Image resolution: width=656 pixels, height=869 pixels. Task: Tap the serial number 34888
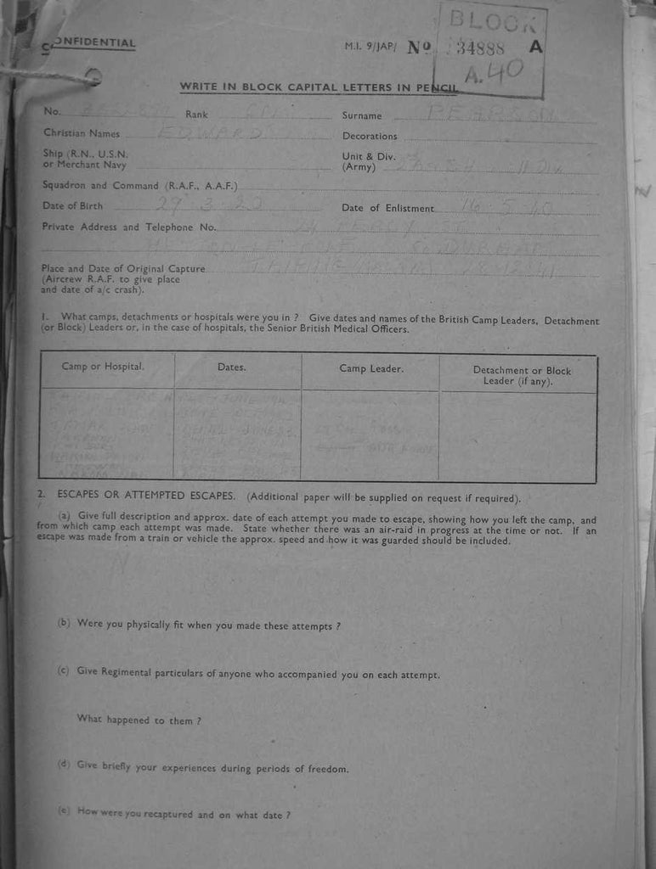pyautogui.click(x=481, y=48)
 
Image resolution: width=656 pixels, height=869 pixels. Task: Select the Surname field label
pyautogui.click(x=362, y=116)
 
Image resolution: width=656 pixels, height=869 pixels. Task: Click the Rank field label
pyautogui.click(x=196, y=115)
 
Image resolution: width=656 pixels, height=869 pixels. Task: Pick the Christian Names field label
pyautogui.click(x=82, y=133)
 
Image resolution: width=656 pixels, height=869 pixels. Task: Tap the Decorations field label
pyautogui.click(x=370, y=136)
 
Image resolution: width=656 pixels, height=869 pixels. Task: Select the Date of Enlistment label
pyautogui.click(x=387, y=209)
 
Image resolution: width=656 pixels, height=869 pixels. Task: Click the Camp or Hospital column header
pyautogui.click(x=103, y=367)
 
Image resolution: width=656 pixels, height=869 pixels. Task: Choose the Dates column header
pyautogui.click(x=231, y=367)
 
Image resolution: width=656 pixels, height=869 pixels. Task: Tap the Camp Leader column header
pyautogui.click(x=371, y=368)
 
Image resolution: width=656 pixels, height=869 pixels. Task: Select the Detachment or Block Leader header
pyautogui.click(x=522, y=376)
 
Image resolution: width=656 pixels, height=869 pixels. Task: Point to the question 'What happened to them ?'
pyautogui.click(x=139, y=720)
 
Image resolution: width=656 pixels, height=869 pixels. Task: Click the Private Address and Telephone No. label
pyautogui.click(x=129, y=227)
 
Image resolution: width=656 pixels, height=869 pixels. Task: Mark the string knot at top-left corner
pyautogui.click(x=92, y=77)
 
